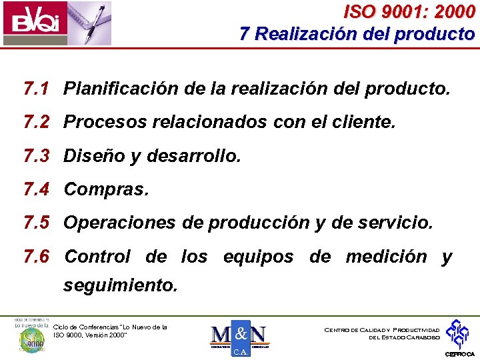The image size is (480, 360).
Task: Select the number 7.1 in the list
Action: point(37,89)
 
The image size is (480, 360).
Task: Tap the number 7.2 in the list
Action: point(37,122)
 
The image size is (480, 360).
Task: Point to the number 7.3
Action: point(37,156)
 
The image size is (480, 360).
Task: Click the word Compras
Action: point(106,190)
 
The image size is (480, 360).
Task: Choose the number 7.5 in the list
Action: point(37,223)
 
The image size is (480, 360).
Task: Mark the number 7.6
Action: point(37,257)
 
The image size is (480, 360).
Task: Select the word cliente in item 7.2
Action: point(365,122)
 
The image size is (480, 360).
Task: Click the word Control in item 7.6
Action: point(97,257)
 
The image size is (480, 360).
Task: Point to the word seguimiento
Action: point(120,286)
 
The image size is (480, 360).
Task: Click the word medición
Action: point(386,257)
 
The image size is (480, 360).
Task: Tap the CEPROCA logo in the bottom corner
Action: point(460,337)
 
